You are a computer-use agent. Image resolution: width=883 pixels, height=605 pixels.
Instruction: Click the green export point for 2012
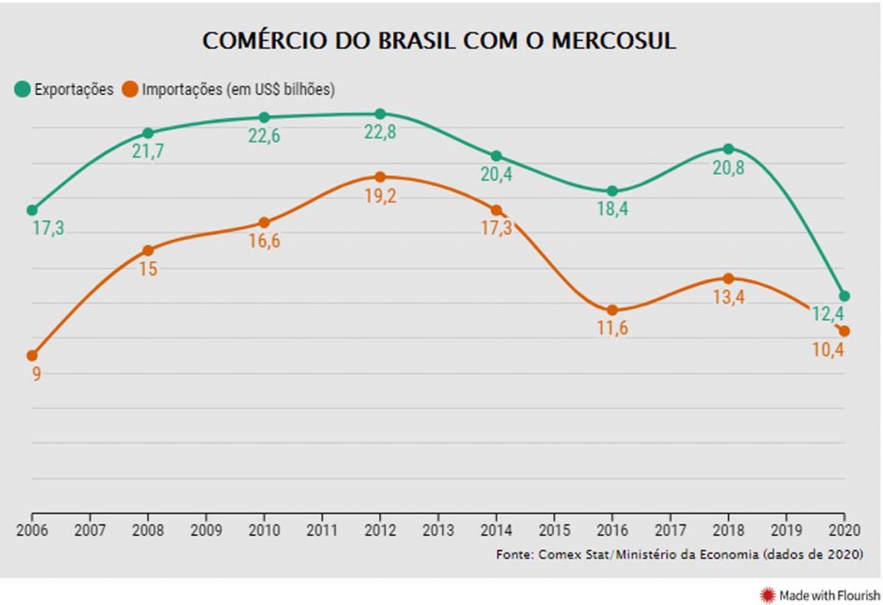tap(380, 113)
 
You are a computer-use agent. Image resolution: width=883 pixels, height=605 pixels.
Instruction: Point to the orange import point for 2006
tap(32, 356)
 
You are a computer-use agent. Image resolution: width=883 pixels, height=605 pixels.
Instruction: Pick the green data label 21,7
tap(148, 152)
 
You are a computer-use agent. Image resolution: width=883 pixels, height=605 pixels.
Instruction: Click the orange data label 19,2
tap(380, 197)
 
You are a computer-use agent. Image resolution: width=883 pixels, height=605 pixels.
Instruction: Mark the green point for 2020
tap(844, 296)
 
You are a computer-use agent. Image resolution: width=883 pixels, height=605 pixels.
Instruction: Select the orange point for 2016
tap(612, 310)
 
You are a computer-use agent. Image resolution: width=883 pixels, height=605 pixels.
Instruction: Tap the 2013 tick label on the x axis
tap(438, 529)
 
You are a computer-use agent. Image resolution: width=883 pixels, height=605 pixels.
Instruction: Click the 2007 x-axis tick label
tap(90, 529)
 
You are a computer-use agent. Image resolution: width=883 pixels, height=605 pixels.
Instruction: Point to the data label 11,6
tap(612, 329)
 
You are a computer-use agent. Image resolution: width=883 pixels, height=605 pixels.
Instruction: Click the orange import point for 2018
tap(729, 279)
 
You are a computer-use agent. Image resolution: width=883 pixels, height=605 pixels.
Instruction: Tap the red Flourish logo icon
tap(767, 595)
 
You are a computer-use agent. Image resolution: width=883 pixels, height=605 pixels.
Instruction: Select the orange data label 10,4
tap(829, 350)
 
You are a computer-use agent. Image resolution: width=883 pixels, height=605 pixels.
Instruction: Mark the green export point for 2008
tap(148, 133)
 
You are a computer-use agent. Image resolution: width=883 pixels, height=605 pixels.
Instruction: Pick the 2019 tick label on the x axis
tap(786, 529)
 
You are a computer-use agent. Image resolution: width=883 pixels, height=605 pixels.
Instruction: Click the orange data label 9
tap(36, 374)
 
